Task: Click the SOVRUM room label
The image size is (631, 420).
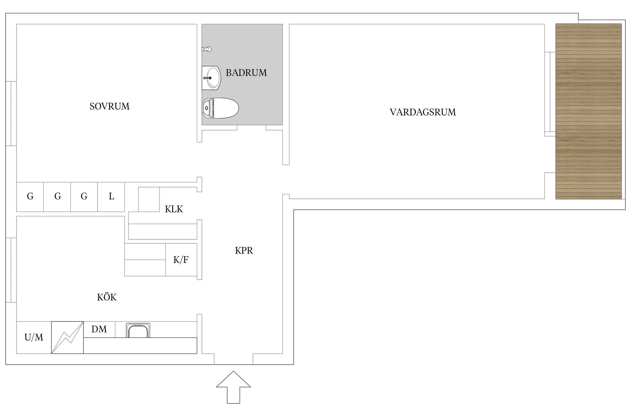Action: (109, 106)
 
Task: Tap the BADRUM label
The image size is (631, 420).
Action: (246, 73)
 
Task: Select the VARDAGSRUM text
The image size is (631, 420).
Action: (423, 112)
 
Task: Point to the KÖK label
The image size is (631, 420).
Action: (107, 297)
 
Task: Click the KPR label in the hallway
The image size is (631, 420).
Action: (244, 251)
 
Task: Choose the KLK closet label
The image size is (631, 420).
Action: (174, 209)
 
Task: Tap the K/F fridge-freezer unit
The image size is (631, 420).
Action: (181, 260)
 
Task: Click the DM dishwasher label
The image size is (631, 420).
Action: (99, 329)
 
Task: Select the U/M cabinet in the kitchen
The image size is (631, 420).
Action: (34, 338)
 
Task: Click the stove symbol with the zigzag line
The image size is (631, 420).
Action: (67, 338)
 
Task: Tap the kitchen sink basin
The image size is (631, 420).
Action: (138, 330)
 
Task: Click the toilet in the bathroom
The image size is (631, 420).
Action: (220, 108)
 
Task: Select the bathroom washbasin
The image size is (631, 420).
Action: (211, 78)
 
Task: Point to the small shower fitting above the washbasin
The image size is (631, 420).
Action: (206, 49)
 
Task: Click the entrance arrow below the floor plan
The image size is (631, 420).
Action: (233, 387)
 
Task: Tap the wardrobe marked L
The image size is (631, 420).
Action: (111, 197)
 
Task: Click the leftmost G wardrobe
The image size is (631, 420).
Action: (30, 197)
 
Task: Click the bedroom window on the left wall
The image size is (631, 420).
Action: (11, 113)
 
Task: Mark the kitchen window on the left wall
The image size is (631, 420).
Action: (11, 270)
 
